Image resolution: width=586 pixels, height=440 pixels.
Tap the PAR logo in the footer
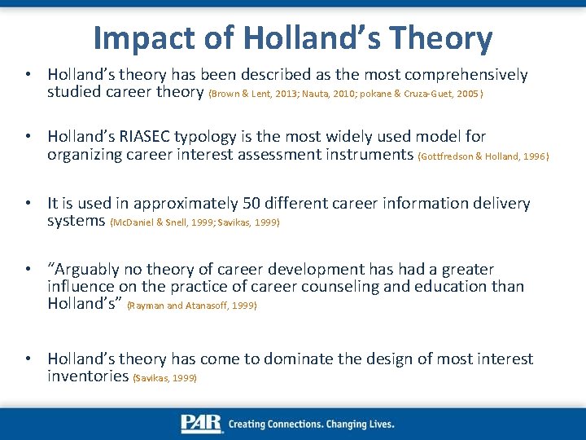click(x=202, y=424)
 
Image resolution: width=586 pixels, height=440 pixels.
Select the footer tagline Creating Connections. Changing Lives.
click(x=312, y=425)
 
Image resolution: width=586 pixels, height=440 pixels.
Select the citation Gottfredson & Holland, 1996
click(x=483, y=156)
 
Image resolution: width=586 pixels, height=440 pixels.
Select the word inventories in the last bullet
click(x=88, y=376)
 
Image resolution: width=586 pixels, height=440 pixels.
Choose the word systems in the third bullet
click(x=77, y=221)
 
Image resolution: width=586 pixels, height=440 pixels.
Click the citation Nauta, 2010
click(x=328, y=94)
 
